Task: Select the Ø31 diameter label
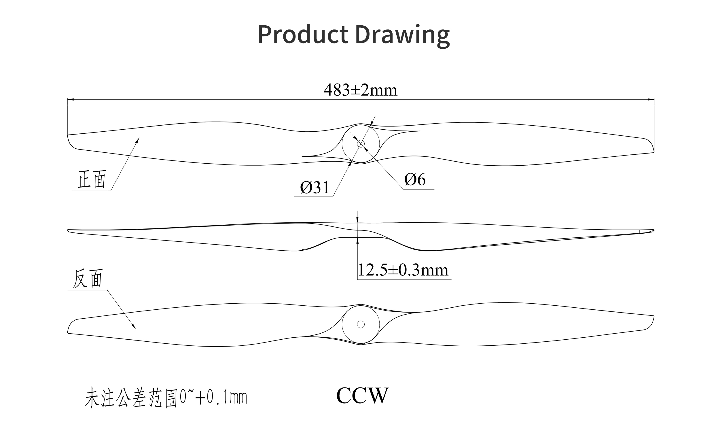click(x=315, y=187)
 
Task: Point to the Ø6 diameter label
click(x=415, y=179)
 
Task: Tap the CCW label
click(x=362, y=396)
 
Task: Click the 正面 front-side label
click(x=92, y=179)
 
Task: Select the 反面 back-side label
click(x=88, y=278)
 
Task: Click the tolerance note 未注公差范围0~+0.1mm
click(x=166, y=398)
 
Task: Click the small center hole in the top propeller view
click(x=361, y=144)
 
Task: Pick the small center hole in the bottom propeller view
click(x=361, y=324)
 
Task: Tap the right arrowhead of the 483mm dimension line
click(x=651, y=99)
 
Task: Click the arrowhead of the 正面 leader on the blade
click(x=138, y=139)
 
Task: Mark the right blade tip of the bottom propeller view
click(x=654, y=316)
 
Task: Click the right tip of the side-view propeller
click(x=654, y=230)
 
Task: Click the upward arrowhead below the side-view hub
click(x=357, y=241)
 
